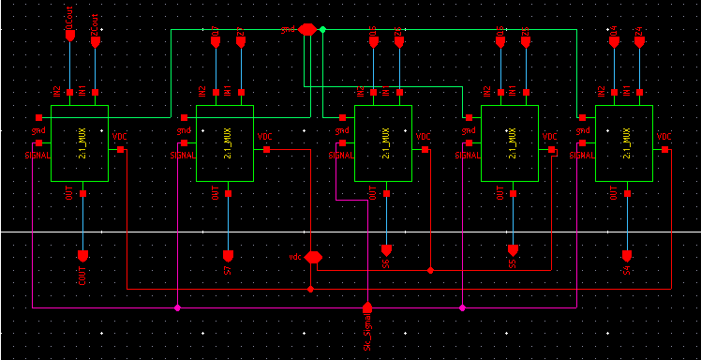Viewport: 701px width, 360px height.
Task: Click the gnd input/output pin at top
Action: point(306,30)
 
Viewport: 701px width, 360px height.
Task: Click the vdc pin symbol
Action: point(313,257)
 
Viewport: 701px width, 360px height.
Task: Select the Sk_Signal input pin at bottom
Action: point(367,307)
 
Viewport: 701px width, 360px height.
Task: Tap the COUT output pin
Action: point(82,256)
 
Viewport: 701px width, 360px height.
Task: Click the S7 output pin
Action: point(228,256)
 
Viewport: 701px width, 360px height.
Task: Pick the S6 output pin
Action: point(386,251)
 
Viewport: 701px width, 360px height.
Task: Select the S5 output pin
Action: point(513,251)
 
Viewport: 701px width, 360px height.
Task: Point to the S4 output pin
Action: point(628,256)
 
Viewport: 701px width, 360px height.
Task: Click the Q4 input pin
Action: point(614,40)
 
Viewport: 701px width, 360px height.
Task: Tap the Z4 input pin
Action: point(639,40)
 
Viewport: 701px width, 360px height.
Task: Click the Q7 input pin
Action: point(216,40)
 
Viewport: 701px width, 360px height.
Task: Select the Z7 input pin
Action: point(241,40)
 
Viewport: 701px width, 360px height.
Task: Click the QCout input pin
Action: point(69,36)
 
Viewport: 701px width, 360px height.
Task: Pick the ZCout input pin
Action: point(95,40)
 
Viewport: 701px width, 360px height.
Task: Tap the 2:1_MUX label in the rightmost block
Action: point(626,142)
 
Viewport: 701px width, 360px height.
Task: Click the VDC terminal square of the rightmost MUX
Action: point(664,149)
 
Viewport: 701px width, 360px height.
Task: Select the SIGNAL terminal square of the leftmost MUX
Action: point(39,143)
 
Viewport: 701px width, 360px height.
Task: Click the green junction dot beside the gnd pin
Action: point(322,30)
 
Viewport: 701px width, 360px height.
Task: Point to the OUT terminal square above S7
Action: point(228,194)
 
